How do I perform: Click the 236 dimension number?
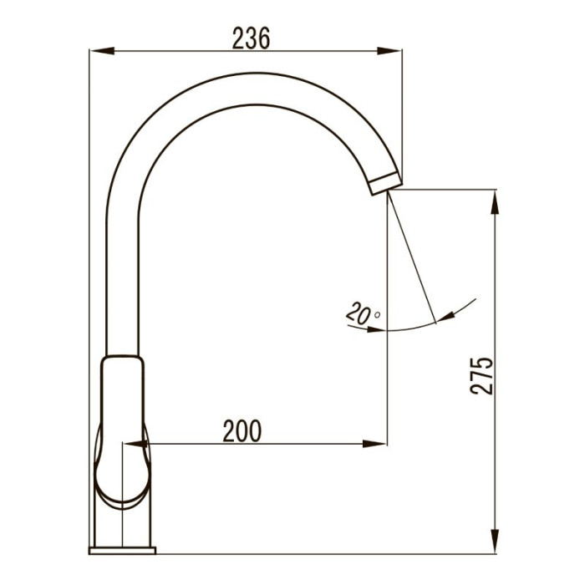coord(251,38)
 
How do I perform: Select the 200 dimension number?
coord(242,431)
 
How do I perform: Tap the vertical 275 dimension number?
coord(481,376)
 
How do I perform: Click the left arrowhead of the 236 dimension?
coord(102,51)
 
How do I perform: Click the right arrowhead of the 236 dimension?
coord(389,51)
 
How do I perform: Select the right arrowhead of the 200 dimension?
coord(374,444)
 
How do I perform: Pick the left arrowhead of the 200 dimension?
coord(135,444)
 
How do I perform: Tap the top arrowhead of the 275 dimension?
coord(495,202)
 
